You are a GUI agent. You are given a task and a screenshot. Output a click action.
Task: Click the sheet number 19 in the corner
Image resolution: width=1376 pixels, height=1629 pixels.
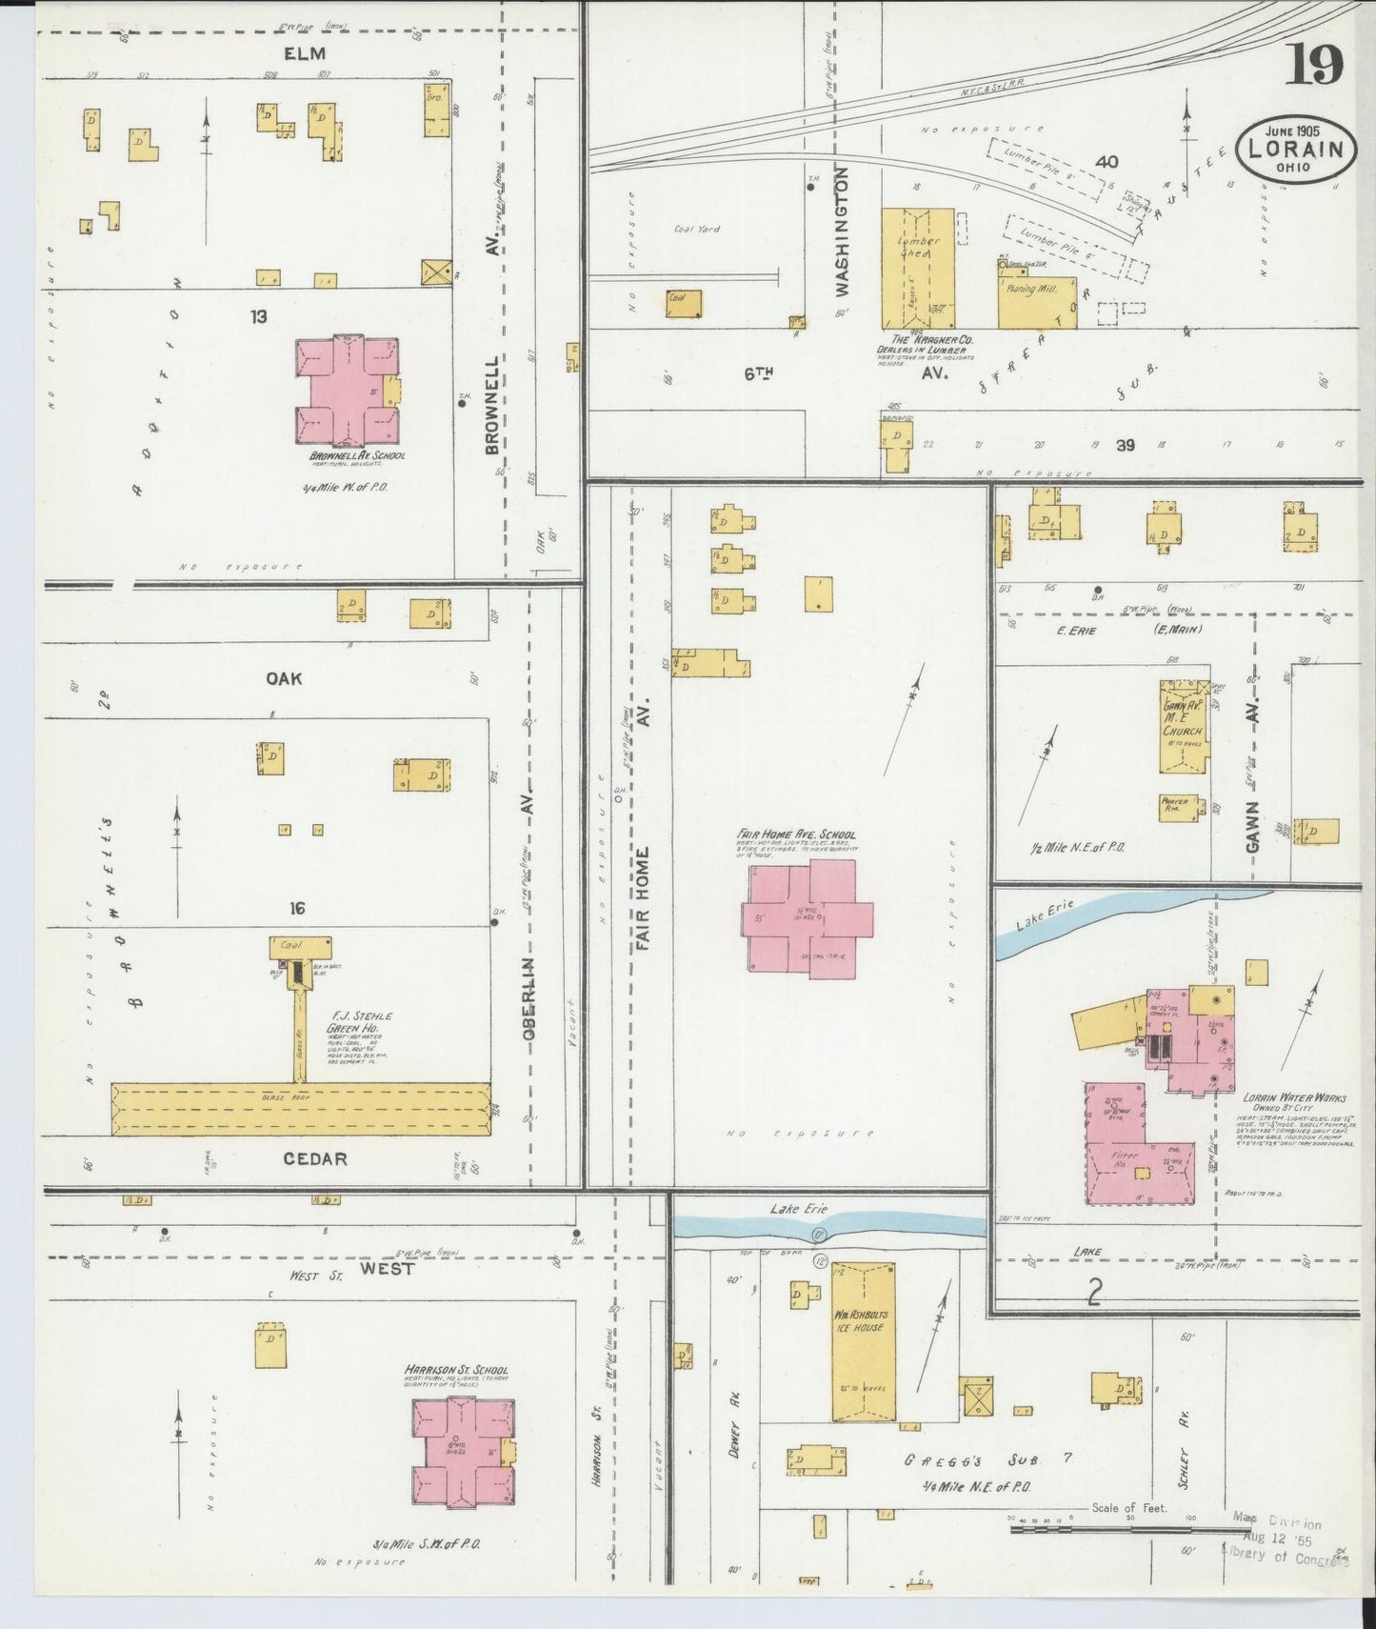[1316, 65]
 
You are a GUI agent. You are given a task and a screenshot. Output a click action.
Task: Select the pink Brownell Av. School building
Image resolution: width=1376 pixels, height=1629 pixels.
[347, 392]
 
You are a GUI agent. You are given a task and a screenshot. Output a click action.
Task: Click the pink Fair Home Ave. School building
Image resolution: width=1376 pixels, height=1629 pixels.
[805, 917]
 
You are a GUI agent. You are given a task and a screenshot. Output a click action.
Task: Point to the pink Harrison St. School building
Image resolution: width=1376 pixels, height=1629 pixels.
[463, 1453]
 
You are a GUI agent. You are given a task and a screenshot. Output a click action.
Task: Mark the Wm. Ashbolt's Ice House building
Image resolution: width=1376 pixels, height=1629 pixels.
[863, 1341]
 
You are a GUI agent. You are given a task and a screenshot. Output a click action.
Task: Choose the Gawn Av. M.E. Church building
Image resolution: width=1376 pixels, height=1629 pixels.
[1183, 727]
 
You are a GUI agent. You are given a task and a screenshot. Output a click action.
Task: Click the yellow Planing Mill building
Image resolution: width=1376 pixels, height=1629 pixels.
[1036, 301]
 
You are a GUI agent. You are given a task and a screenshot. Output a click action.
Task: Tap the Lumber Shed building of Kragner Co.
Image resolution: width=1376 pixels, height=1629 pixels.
[917, 268]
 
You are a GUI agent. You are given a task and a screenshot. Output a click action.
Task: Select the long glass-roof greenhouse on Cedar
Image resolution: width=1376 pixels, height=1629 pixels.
[301, 1109]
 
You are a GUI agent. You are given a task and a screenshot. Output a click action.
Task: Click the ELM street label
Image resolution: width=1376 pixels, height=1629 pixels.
[305, 53]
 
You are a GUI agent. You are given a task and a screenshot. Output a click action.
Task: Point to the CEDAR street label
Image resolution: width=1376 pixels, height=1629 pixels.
[315, 1159]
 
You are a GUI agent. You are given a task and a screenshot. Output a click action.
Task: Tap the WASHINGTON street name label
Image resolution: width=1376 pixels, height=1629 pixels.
[843, 231]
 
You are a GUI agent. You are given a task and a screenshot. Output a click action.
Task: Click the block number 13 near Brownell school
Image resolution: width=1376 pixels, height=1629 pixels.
[258, 316]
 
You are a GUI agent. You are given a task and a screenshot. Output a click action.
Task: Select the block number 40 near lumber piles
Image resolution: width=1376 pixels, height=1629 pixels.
[1106, 162]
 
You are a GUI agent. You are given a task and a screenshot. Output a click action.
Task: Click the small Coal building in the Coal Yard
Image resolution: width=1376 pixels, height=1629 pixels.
[684, 303]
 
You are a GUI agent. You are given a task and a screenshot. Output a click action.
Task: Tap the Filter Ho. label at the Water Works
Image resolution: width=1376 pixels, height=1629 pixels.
[1125, 1158]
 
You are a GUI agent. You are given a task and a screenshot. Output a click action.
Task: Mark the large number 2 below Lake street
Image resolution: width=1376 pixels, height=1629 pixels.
[1095, 1292]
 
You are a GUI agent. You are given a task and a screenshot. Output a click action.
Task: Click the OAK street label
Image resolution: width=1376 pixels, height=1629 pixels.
[284, 678]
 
